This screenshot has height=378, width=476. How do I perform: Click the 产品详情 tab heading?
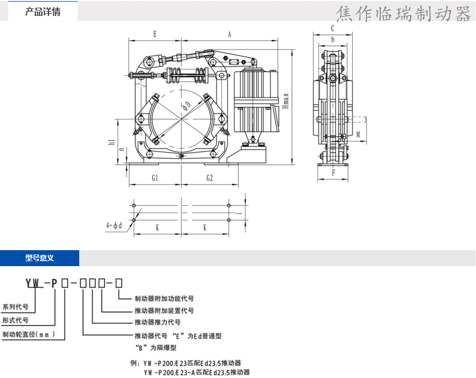[43, 12]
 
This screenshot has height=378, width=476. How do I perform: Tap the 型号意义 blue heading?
[39, 258]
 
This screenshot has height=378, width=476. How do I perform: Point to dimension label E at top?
[155, 34]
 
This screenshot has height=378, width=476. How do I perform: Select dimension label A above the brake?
[229, 34]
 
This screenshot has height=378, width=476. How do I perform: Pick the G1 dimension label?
[155, 178]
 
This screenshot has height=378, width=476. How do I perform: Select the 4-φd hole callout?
[114, 225]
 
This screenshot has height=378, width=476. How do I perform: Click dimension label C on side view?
[332, 28]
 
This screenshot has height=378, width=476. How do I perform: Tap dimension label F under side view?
[333, 172]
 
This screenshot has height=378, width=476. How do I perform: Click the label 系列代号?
[15, 307]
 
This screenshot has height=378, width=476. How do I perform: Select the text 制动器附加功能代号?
[164, 299]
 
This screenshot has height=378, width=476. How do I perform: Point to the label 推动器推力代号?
[157, 322]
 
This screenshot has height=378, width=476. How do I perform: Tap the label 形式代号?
[15, 320]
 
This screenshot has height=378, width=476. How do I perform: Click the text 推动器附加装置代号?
[164, 311]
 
